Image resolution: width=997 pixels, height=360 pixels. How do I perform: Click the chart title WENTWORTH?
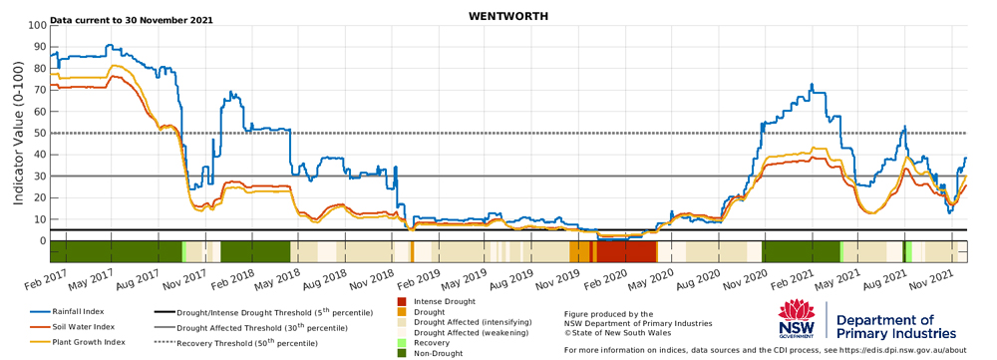tap(508, 17)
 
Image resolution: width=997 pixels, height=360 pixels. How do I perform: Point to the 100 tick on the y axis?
tap(38, 26)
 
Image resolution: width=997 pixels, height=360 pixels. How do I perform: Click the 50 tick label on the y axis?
tap(40, 134)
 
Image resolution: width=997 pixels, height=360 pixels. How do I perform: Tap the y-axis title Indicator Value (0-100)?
tap(18, 133)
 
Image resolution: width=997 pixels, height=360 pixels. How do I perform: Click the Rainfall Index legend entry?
tap(67, 312)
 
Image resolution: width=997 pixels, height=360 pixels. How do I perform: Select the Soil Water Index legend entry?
tap(72, 327)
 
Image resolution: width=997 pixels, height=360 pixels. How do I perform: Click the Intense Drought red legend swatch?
tap(402, 301)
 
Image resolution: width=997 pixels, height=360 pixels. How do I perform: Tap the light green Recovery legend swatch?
tap(402, 342)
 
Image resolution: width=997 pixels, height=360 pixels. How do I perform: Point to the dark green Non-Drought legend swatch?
tap(402, 353)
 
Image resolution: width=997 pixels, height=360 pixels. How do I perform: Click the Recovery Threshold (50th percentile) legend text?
tap(246, 343)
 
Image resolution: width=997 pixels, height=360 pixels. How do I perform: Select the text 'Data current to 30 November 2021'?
tap(132, 20)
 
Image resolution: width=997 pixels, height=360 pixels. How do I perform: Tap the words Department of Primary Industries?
tap(896, 327)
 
